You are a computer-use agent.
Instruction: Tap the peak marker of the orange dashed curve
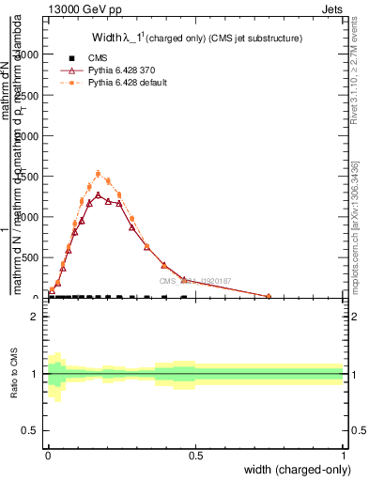98,174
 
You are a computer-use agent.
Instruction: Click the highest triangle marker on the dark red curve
98,195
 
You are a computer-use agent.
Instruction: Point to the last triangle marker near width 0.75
269,296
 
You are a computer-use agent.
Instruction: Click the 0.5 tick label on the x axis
196,455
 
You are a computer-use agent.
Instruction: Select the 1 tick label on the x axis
344,455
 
